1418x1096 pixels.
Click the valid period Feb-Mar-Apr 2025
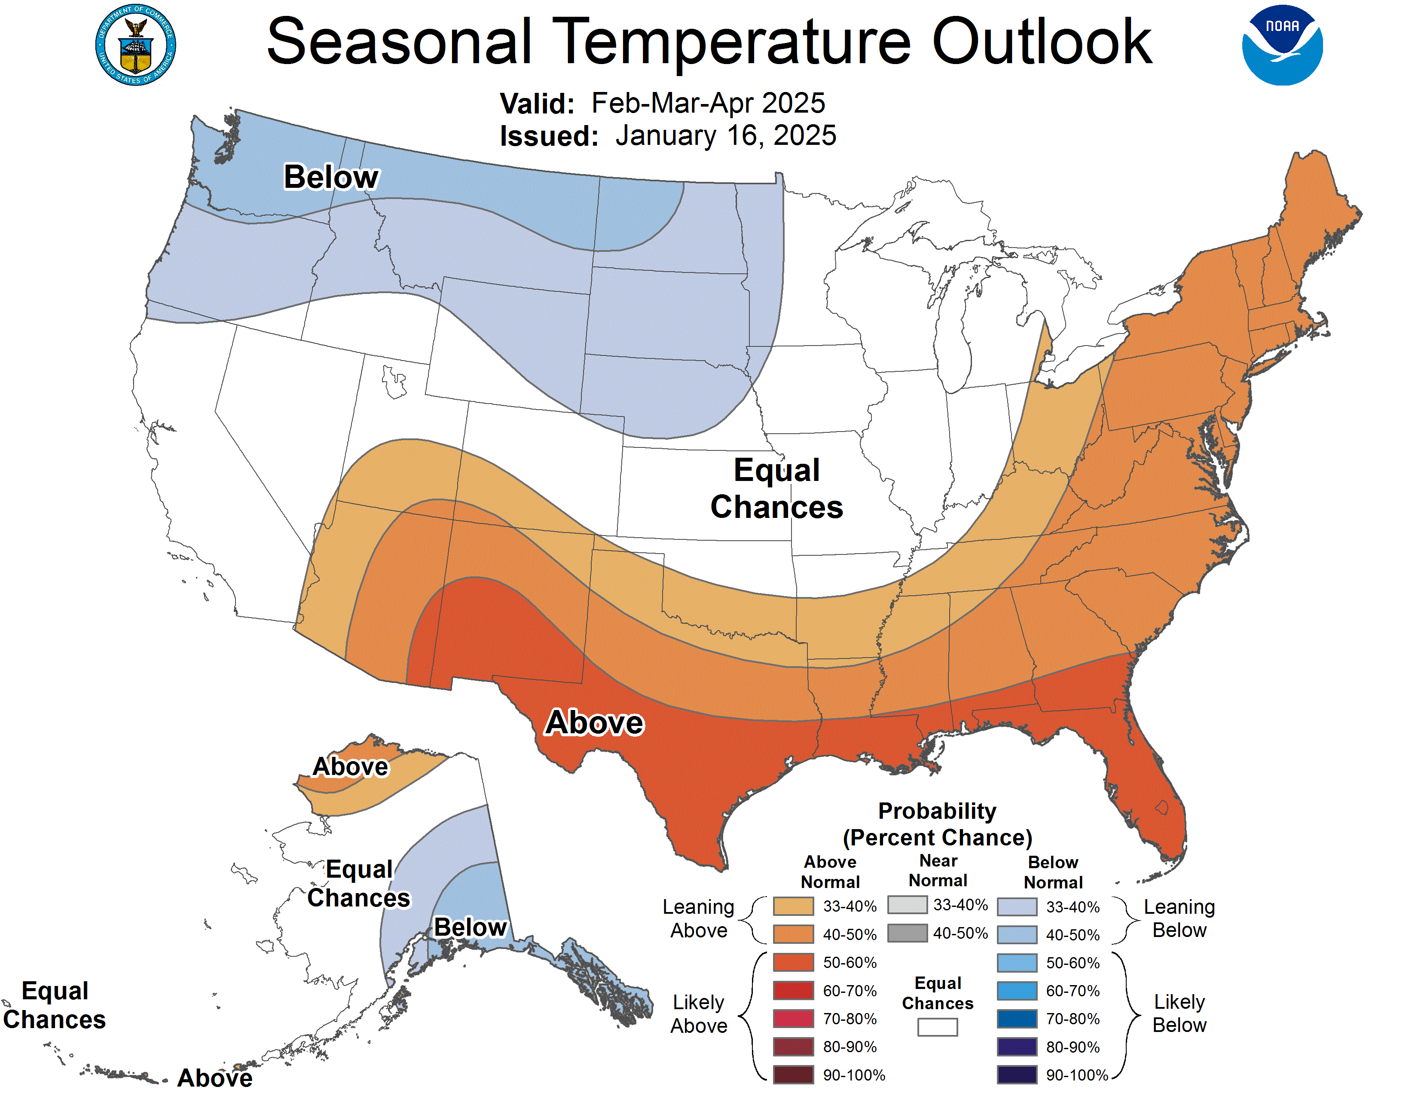[708, 103]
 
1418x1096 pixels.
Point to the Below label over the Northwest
[331, 177]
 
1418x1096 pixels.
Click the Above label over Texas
[594, 723]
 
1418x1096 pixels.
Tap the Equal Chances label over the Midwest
[776, 488]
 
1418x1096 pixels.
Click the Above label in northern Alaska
[351, 767]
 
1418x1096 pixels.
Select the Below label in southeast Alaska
[470, 927]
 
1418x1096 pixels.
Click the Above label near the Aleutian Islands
[215, 1078]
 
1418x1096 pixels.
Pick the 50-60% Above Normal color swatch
[793, 962]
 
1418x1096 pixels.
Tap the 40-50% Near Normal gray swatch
[907, 933]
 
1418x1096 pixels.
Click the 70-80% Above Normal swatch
[793, 1019]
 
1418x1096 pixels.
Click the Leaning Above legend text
[699, 919]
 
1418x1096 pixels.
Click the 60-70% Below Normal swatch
[1017, 991]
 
